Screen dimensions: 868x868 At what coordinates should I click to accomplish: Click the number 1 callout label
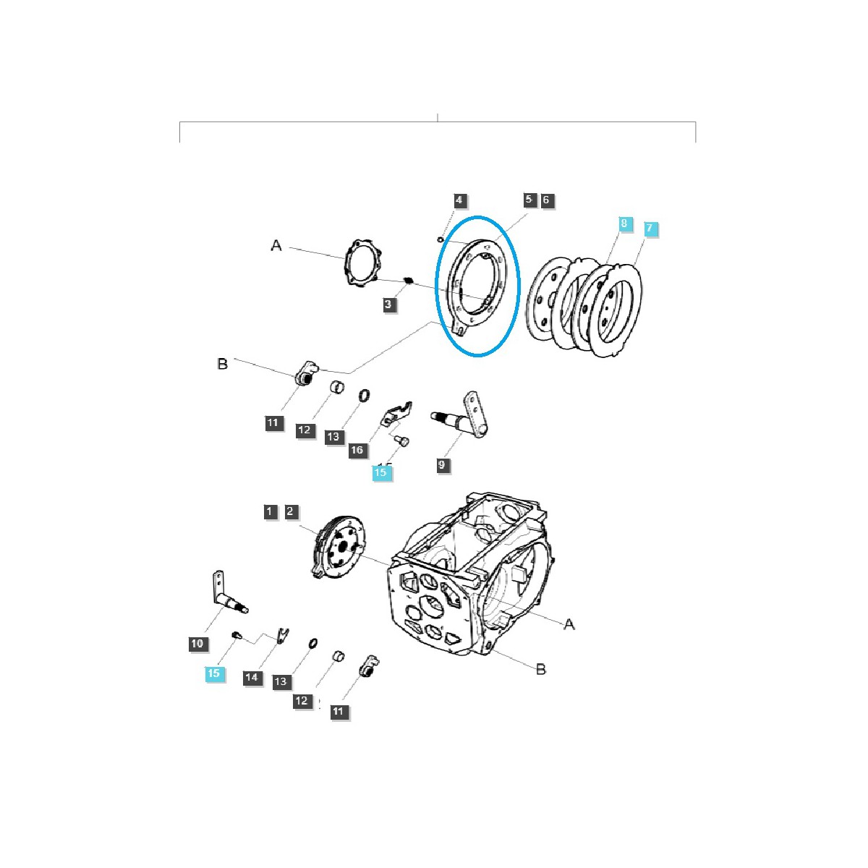coord(269,511)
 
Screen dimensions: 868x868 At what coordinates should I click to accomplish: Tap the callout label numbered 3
coord(388,304)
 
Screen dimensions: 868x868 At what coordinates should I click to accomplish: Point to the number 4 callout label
coord(459,200)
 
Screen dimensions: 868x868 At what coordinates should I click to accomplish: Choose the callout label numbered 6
coord(546,200)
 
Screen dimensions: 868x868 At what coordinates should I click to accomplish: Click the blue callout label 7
coord(649,228)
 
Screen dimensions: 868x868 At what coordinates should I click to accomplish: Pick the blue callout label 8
coord(624,223)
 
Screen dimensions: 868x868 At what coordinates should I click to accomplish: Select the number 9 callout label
coord(441,465)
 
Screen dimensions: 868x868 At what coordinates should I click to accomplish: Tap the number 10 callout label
coord(197,644)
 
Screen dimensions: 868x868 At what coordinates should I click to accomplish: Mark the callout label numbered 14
coord(252,677)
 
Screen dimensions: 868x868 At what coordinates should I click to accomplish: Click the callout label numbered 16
coord(357,449)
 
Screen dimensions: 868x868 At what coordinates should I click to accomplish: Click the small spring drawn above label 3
coord(409,281)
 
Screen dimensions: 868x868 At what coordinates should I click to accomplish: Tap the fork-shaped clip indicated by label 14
coord(283,635)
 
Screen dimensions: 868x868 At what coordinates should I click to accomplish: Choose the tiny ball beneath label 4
coord(441,239)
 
